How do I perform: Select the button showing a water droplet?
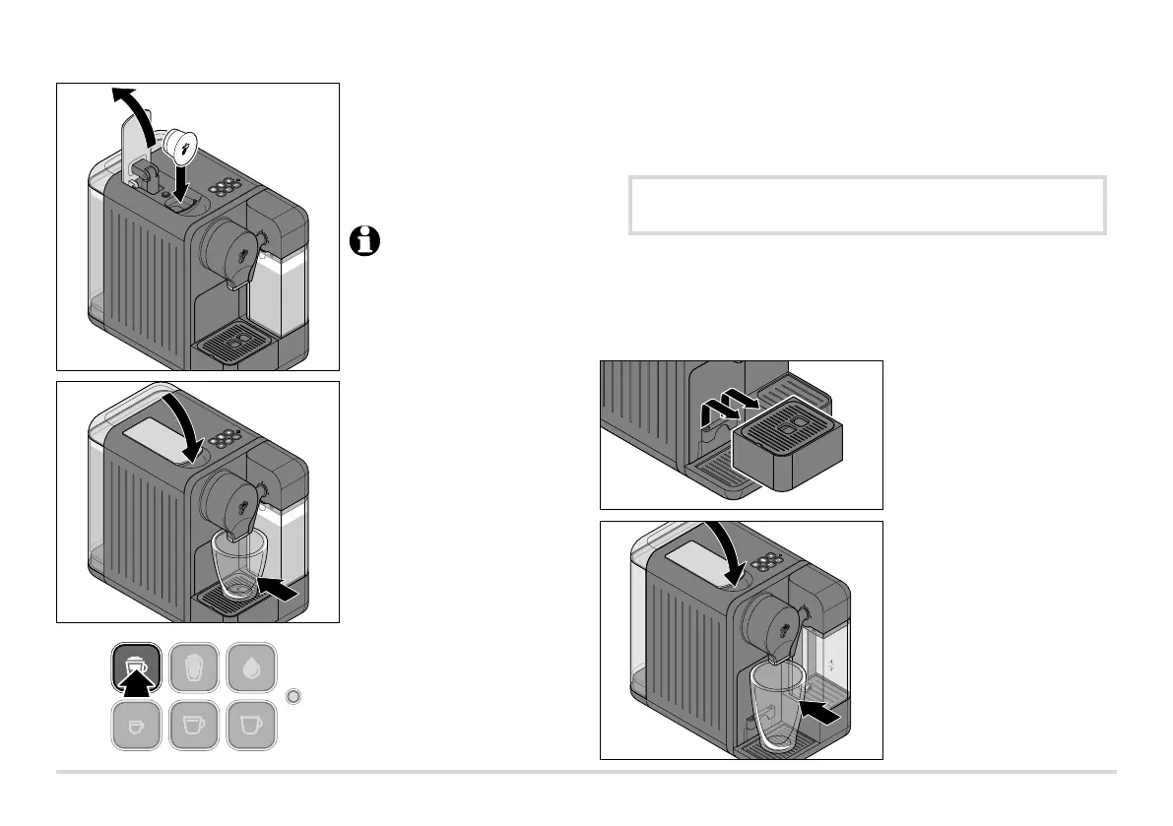251,667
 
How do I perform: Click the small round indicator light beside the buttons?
293,697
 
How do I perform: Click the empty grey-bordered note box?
867,206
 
